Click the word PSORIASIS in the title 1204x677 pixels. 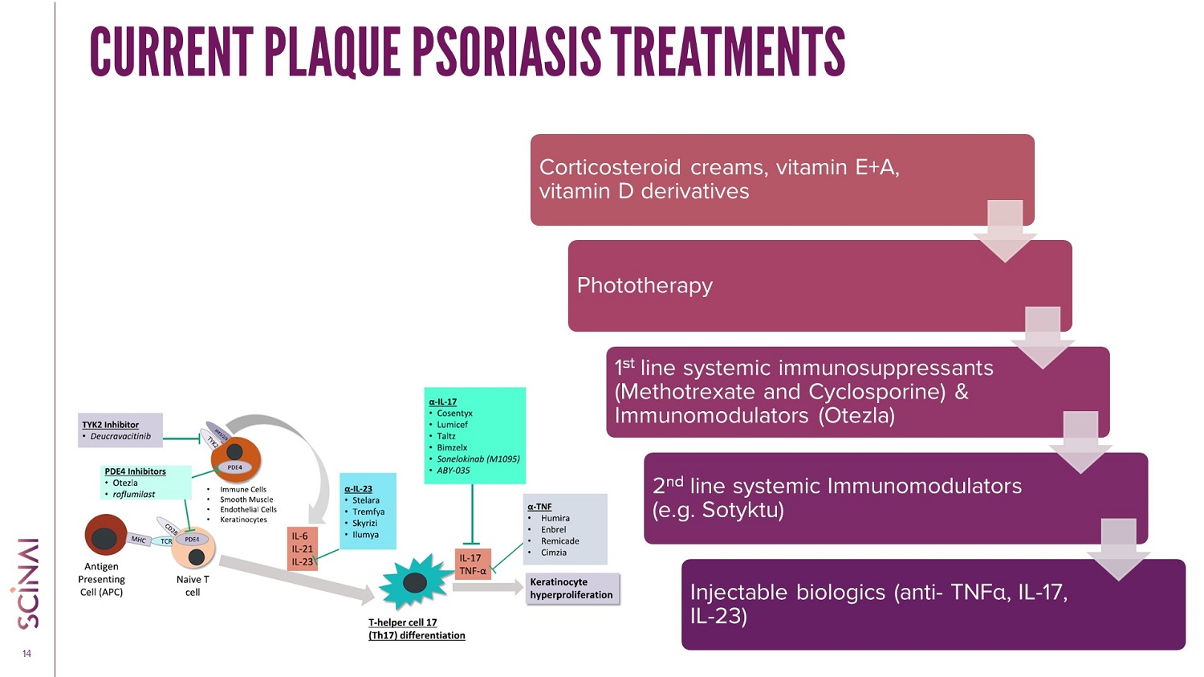point(506,51)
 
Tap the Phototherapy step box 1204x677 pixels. point(819,286)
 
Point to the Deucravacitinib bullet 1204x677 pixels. point(120,437)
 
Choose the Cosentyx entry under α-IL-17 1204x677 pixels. point(454,414)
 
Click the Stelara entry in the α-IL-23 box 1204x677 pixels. point(366,500)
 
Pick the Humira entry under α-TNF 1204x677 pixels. point(555,519)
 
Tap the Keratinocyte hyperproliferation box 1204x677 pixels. point(571,589)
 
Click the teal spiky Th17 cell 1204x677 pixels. point(415,582)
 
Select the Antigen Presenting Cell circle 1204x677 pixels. point(105,535)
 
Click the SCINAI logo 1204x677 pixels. point(27,581)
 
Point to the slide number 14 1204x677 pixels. point(26,654)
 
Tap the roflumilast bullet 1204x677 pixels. point(133,495)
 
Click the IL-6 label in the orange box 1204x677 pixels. point(299,536)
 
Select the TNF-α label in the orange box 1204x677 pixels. point(472,571)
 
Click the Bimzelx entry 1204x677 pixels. point(452,448)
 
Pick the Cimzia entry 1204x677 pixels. point(553,553)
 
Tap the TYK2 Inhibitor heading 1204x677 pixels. point(110,425)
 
